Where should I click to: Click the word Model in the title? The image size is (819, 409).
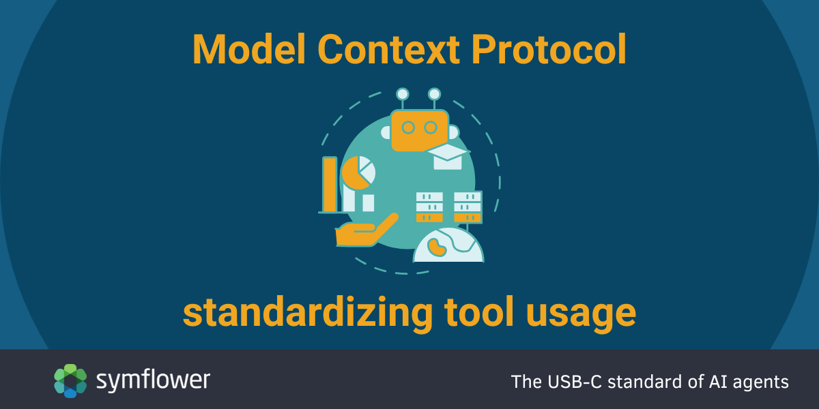[x=249, y=49]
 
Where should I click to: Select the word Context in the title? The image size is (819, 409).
[x=388, y=49]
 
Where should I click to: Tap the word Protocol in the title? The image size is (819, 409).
[x=549, y=49]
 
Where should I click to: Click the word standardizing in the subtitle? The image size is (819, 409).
[x=308, y=312]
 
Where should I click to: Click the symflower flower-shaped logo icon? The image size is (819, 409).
[x=70, y=380]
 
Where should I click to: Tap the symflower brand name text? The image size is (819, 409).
[x=153, y=380]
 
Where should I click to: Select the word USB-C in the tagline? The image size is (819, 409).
[x=575, y=382]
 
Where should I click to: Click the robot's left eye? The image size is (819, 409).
[x=408, y=127]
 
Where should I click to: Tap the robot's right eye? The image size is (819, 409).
[x=431, y=127]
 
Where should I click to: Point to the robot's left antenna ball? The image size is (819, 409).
[x=403, y=94]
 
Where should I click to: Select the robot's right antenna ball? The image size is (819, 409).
[x=434, y=94]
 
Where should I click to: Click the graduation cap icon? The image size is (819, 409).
[x=447, y=156]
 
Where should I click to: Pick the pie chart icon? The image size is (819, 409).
[x=358, y=172]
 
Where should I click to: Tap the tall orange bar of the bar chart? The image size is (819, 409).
[x=330, y=185]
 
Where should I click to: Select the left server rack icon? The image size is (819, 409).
[x=429, y=207]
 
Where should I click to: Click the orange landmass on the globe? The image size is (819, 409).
[x=437, y=247]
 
